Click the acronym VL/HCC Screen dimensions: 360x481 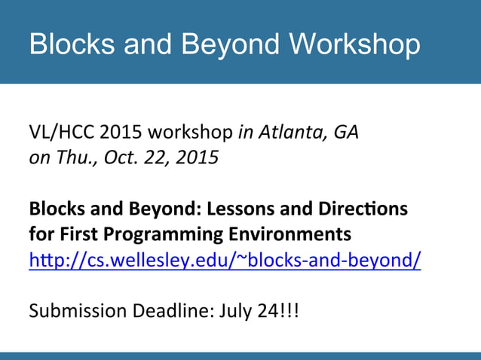click(x=61, y=133)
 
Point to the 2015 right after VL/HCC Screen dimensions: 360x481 click(x=121, y=133)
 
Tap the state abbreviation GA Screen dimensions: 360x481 click(x=345, y=133)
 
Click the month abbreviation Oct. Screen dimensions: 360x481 click(x=115, y=158)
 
